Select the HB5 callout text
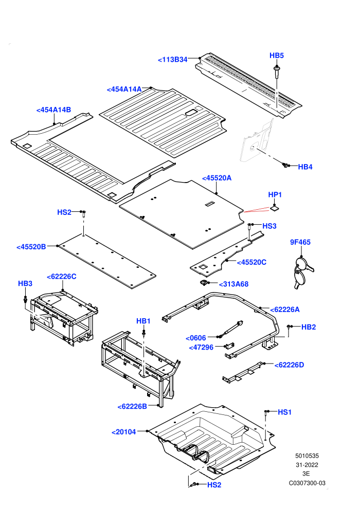click(277, 56)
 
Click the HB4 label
click(305, 167)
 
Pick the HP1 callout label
click(275, 195)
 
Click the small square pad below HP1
click(275, 208)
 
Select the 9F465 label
click(300, 242)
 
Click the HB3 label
click(25, 284)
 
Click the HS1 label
click(285, 412)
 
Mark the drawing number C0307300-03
click(307, 483)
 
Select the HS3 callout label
click(269, 226)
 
